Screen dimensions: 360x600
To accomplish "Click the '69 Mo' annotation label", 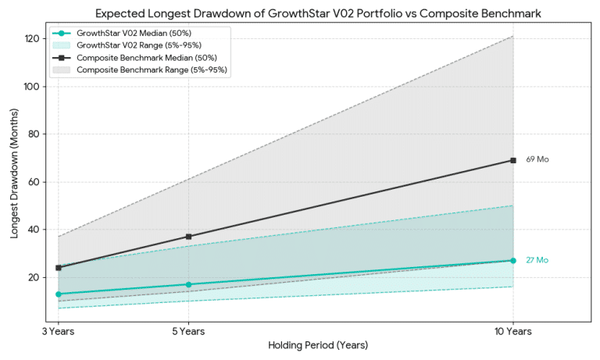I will pyautogui.click(x=537, y=159).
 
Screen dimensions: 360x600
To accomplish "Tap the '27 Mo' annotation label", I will pyautogui.click(x=537, y=260).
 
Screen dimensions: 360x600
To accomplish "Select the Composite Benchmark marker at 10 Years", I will pyautogui.click(x=512, y=160).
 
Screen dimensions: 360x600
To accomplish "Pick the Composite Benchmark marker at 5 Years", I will pyautogui.click(x=188, y=237).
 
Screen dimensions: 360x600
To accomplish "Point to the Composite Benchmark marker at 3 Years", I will pyautogui.click(x=59, y=268).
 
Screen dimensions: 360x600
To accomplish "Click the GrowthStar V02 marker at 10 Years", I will pyautogui.click(x=512, y=261).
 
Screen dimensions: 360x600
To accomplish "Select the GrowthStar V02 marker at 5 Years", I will pyautogui.click(x=188, y=284).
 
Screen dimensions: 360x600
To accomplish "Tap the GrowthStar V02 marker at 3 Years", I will pyautogui.click(x=59, y=294).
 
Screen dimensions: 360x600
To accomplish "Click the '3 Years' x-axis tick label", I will pyautogui.click(x=59, y=331).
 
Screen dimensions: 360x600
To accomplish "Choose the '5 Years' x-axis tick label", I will pyautogui.click(x=188, y=331).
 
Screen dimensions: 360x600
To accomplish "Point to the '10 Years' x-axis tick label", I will pyautogui.click(x=512, y=331).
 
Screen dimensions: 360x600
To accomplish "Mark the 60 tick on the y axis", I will pyautogui.click(x=34, y=182).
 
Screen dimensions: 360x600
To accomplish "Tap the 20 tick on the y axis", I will pyautogui.click(x=34, y=277).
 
